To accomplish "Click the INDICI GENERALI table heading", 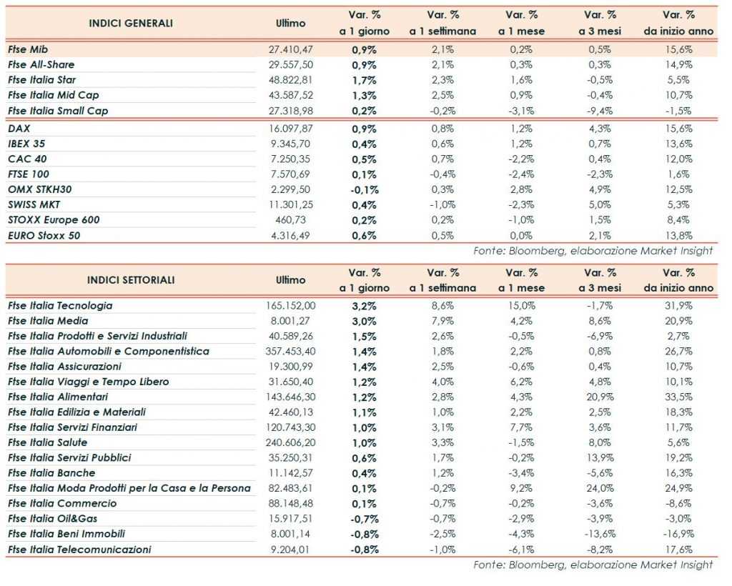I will click(131, 24).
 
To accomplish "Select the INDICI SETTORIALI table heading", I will click(131, 280).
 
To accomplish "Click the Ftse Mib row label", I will click(29, 49).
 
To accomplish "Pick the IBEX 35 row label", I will click(27, 144).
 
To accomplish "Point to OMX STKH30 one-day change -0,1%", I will click(365, 189).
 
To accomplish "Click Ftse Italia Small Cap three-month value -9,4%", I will click(600, 111).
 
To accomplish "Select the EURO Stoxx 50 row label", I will click(45, 235).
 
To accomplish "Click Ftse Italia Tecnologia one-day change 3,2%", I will click(365, 305).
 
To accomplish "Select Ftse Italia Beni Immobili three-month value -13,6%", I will click(598, 534).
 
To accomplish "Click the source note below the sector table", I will click(593, 565).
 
